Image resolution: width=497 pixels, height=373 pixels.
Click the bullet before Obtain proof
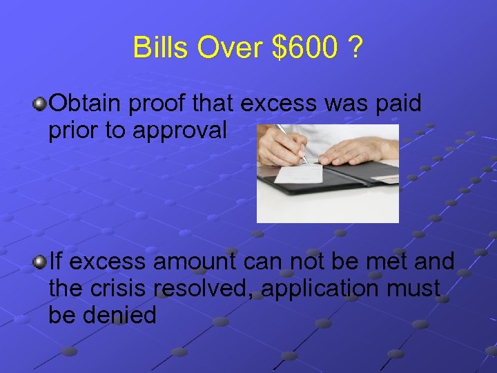41,104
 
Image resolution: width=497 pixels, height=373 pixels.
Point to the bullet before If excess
41,262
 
